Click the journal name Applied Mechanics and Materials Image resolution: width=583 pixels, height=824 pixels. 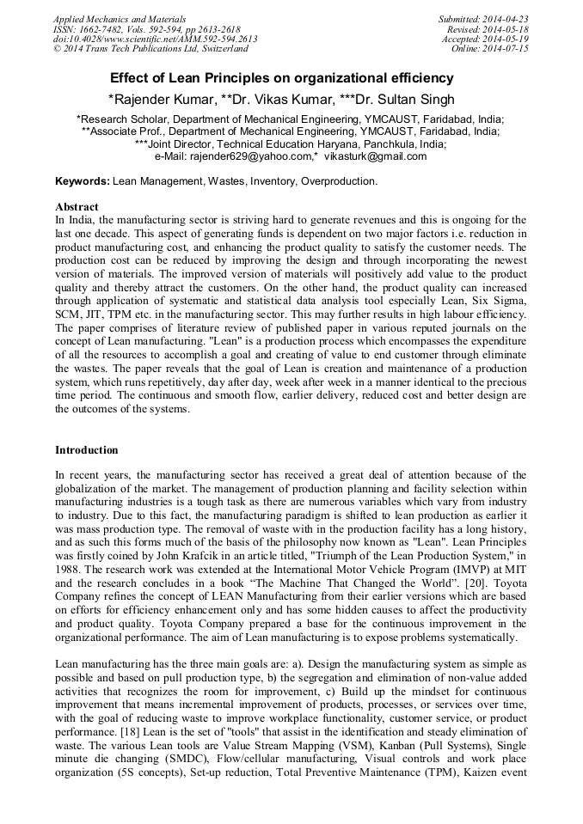click(x=120, y=19)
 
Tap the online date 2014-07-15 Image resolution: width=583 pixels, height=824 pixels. click(x=506, y=50)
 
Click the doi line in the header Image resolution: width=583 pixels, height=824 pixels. click(x=155, y=40)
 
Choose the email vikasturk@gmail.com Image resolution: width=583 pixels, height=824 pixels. click(x=376, y=156)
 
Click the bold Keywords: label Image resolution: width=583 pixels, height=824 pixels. click(x=83, y=181)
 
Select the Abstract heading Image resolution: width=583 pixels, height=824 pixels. click(x=77, y=207)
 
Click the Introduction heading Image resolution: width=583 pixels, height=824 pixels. click(x=87, y=450)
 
